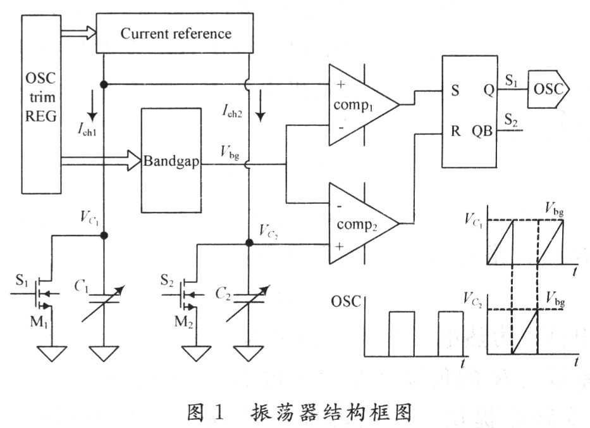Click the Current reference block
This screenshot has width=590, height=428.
175,34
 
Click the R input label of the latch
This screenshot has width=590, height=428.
455,134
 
